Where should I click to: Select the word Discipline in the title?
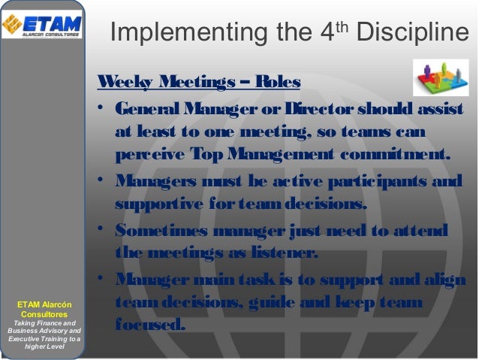click(x=414, y=35)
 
